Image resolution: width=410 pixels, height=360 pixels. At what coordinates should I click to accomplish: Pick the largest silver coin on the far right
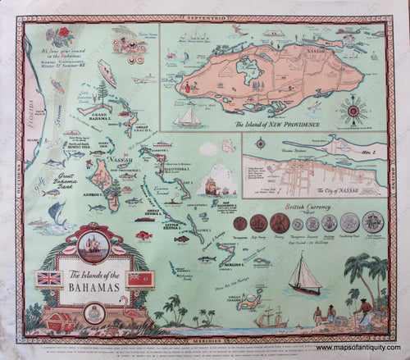tap(374, 222)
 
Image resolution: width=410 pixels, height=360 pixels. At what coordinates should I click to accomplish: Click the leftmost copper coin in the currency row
tap(241, 223)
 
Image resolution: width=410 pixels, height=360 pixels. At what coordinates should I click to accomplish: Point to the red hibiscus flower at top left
tap(61, 34)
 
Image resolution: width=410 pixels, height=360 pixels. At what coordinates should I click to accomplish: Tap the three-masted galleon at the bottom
tap(270, 316)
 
